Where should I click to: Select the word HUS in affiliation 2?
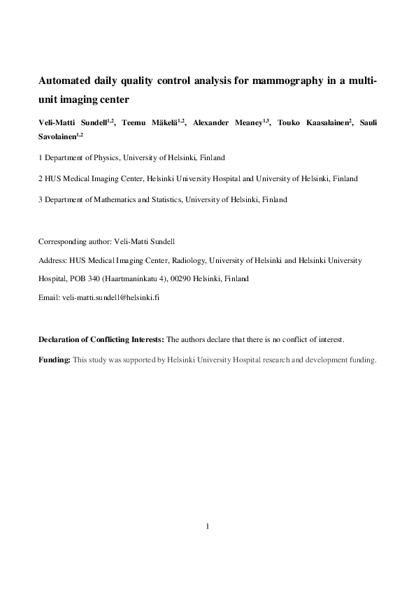click(x=53, y=178)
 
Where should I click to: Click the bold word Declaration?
click(x=59, y=340)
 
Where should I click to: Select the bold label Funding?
click(x=54, y=360)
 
